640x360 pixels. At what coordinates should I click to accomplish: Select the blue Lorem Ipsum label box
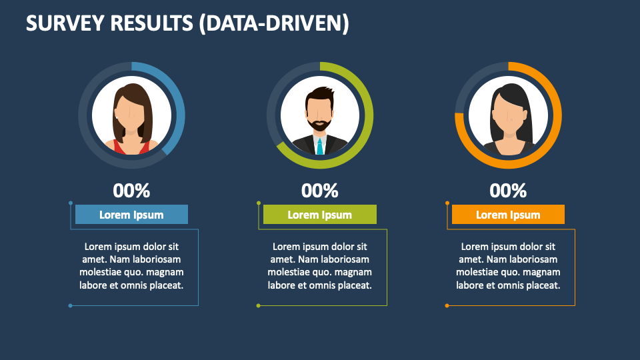click(131, 215)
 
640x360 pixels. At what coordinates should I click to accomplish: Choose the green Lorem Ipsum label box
click(320, 215)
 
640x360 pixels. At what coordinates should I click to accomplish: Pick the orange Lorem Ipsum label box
click(508, 215)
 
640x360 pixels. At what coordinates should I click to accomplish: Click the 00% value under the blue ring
click(131, 191)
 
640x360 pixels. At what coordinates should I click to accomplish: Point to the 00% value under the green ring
click(320, 191)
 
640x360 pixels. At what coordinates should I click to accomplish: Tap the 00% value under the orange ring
click(508, 191)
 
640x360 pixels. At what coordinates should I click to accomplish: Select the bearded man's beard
click(320, 125)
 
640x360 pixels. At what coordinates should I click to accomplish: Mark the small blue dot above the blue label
click(71, 203)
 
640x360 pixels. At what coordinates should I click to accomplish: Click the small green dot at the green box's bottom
click(259, 305)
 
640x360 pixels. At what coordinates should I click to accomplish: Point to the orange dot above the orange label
click(447, 203)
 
